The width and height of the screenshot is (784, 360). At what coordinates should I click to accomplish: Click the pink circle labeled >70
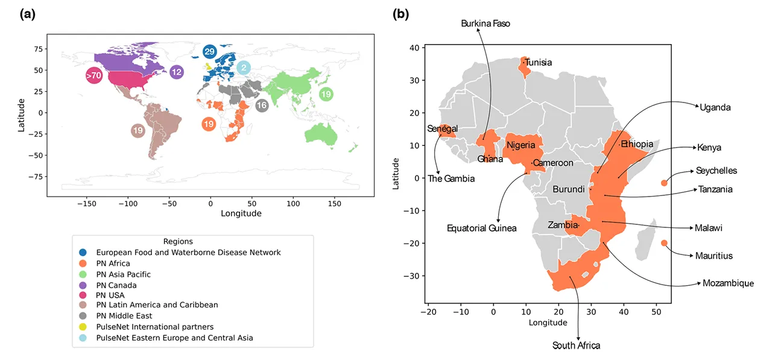[x=93, y=76]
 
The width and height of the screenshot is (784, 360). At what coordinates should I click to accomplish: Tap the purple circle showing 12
[x=177, y=72]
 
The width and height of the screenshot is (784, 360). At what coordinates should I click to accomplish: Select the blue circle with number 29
[x=210, y=52]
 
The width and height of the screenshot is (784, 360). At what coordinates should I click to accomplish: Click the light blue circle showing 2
[x=244, y=68]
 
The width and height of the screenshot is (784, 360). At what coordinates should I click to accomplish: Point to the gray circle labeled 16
[x=261, y=106]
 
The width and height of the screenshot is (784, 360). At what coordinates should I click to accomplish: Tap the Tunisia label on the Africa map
[x=539, y=62]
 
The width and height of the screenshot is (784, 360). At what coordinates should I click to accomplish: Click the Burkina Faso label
[x=485, y=24]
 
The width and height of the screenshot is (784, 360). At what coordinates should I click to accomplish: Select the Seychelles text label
[x=716, y=171]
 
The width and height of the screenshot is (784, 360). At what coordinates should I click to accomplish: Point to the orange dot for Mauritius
[x=664, y=243]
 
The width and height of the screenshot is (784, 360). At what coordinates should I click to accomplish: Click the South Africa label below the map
[x=577, y=346]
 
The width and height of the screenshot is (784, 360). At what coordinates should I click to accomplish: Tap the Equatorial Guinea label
[x=482, y=228]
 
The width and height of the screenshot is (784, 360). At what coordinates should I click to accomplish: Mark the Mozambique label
[x=728, y=283]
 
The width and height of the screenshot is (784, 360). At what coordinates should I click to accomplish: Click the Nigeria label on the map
[x=521, y=145]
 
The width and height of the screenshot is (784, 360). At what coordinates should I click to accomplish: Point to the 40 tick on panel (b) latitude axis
[x=416, y=48]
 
